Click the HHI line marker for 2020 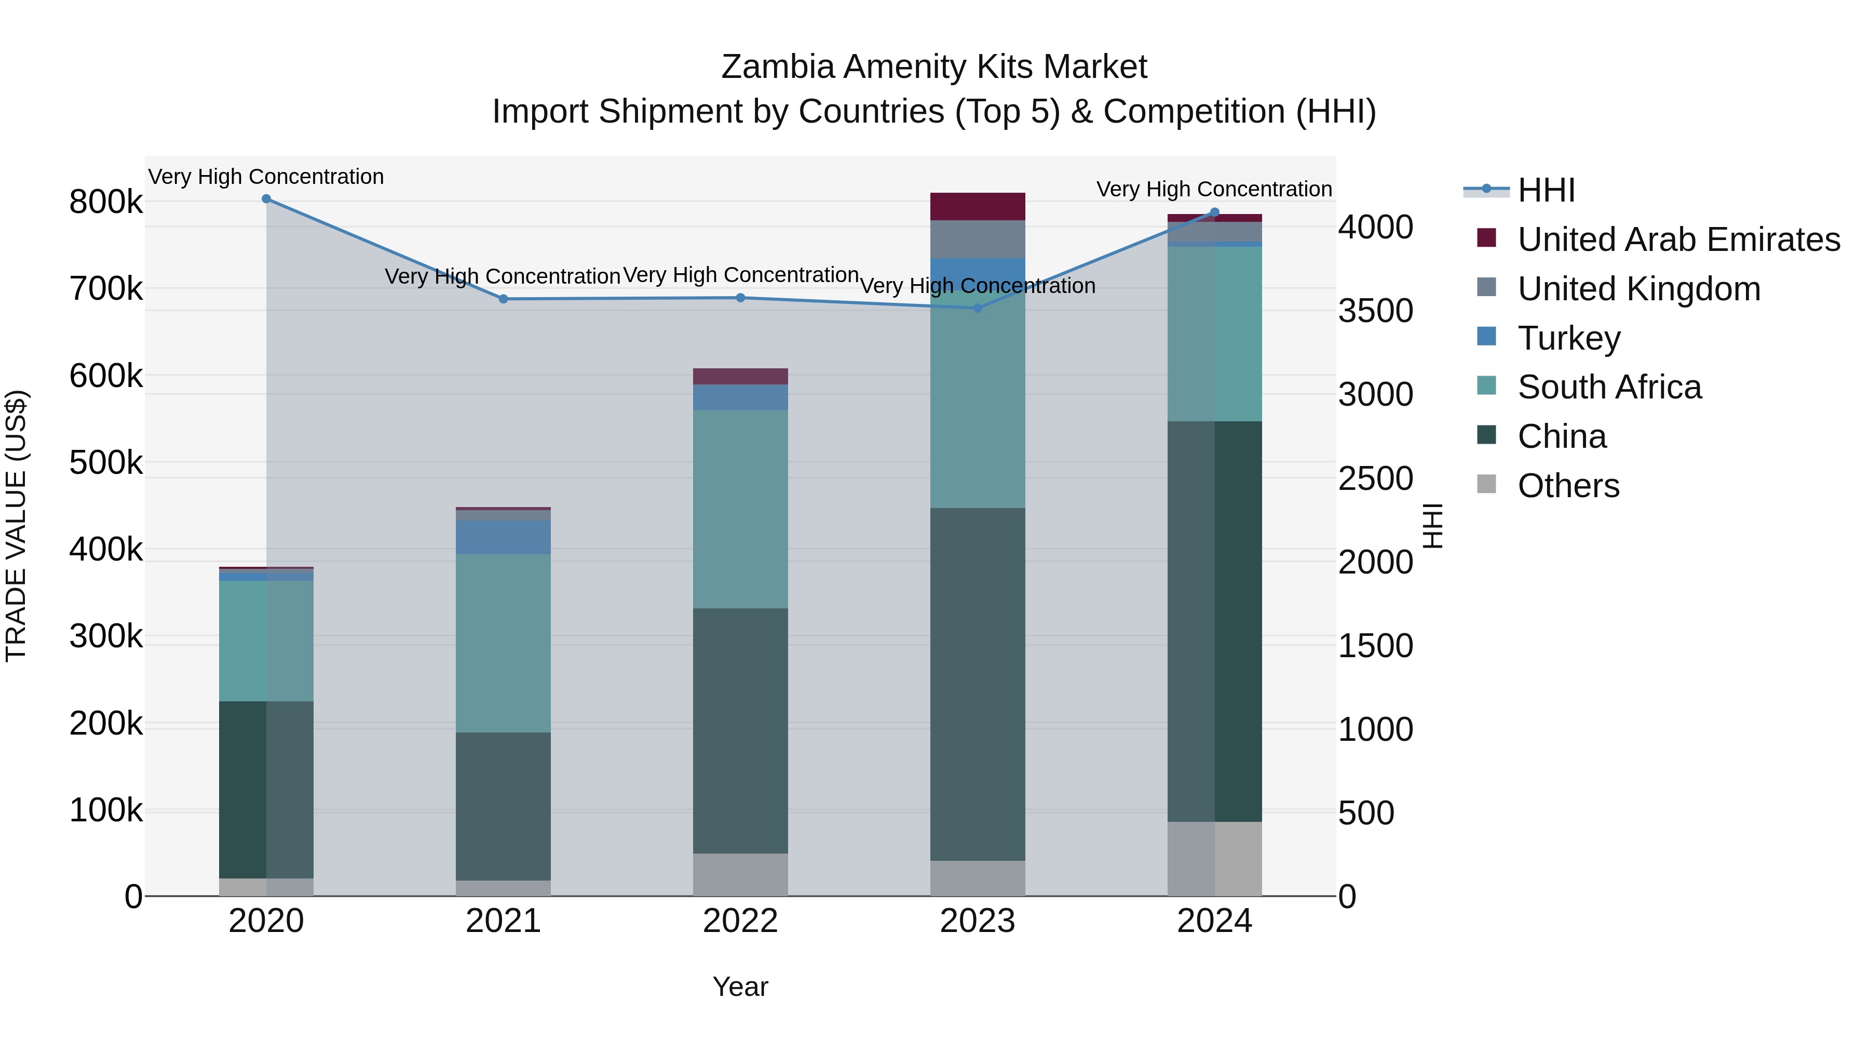point(266,199)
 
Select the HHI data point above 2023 point(977,308)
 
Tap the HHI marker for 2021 point(504,299)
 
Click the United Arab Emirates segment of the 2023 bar point(977,207)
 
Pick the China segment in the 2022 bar point(740,730)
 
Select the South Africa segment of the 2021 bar point(504,643)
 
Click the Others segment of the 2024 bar point(1214,858)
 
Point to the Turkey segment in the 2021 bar point(504,537)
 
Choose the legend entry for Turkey point(1568,338)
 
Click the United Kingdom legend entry point(1638,289)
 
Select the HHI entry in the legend point(1546,190)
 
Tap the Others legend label point(1568,486)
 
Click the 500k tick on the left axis point(106,462)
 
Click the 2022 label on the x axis point(740,921)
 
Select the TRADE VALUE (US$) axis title point(16,526)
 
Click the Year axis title point(740,987)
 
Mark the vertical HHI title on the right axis point(1433,526)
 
